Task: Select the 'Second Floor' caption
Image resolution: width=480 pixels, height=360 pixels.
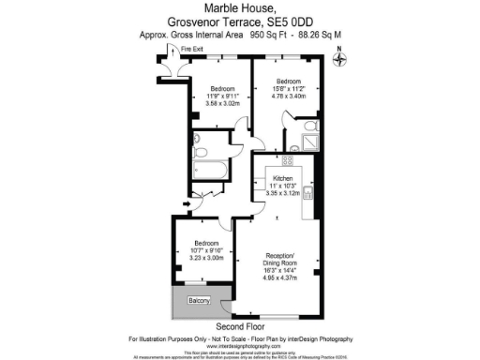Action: (x=240, y=325)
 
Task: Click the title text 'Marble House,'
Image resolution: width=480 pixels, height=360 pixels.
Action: (x=239, y=8)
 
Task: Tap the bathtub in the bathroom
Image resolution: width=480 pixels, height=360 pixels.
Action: (x=207, y=170)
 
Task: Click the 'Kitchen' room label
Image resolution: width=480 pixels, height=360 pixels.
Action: (x=283, y=179)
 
